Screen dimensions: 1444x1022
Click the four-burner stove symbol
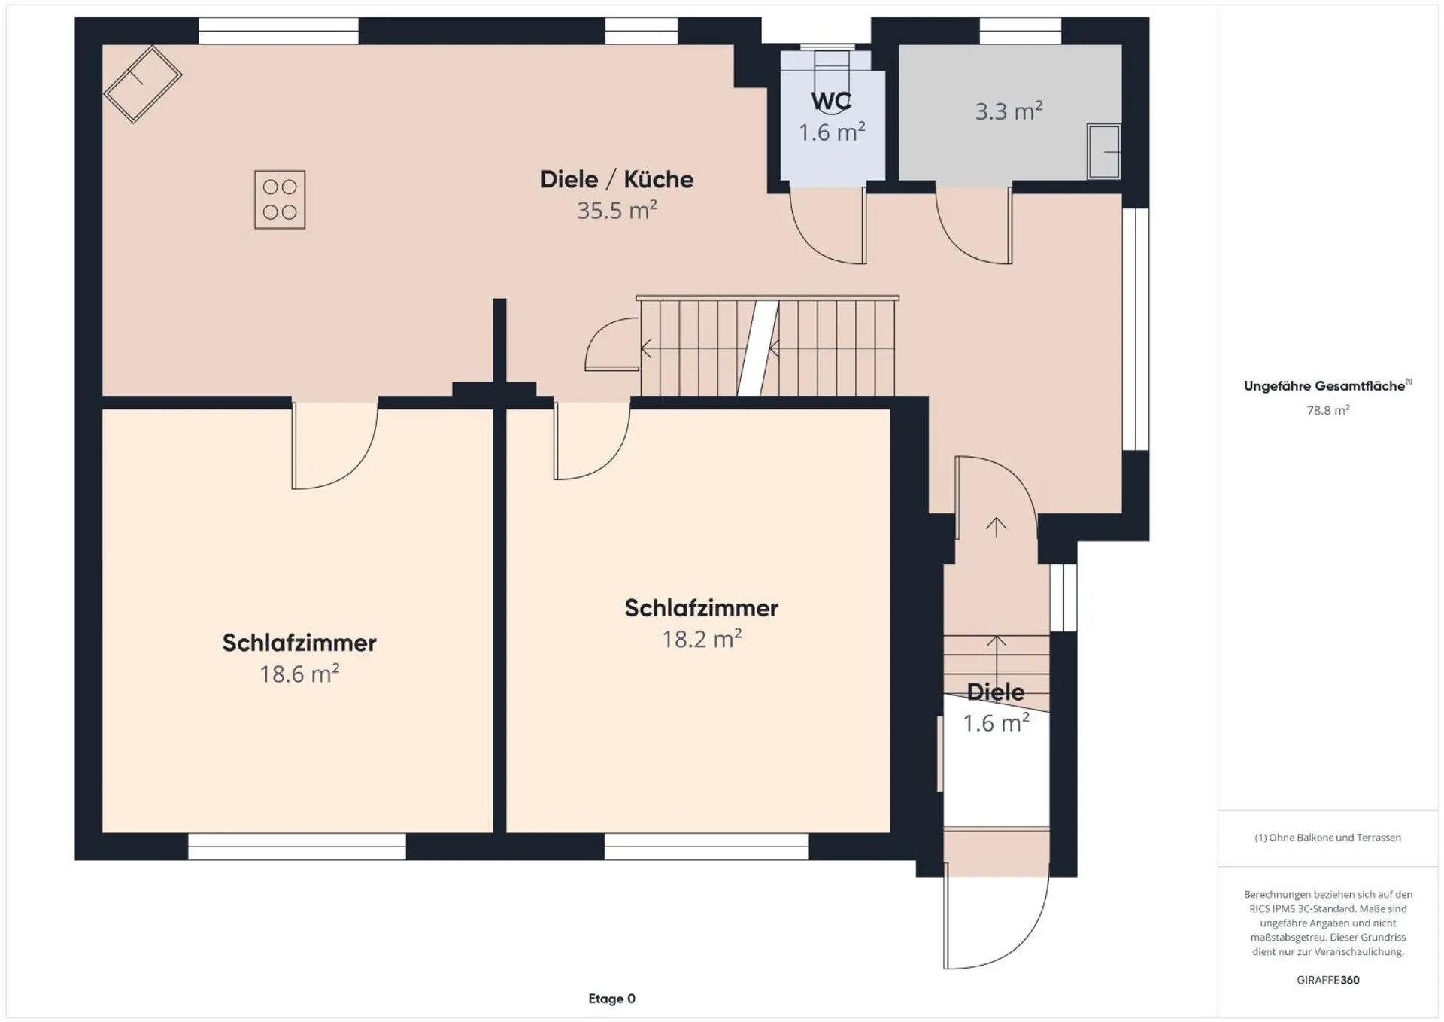(280, 199)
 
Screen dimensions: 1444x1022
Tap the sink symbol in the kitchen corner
(143, 84)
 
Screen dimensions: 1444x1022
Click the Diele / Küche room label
(617, 179)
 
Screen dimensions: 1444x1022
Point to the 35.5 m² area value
(617, 210)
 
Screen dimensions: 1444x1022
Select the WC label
(831, 101)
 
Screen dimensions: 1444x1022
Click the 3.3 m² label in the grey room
(1009, 111)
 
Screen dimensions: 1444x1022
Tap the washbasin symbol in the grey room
(1104, 152)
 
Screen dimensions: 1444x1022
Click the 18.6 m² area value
(299, 674)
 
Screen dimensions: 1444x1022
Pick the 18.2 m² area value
(702, 639)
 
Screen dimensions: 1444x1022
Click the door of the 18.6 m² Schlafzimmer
(334, 446)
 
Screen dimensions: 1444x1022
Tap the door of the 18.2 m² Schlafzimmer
(592, 441)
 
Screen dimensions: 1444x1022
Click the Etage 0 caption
(611, 999)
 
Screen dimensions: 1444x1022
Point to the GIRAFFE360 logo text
(1327, 980)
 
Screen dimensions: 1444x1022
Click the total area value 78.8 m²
(1327, 410)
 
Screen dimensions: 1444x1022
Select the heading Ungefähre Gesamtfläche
(1327, 386)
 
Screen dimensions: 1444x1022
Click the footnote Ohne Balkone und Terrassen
(1327, 838)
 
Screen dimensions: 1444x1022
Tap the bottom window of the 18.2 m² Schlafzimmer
(706, 847)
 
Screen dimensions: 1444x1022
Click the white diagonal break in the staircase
(758, 348)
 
